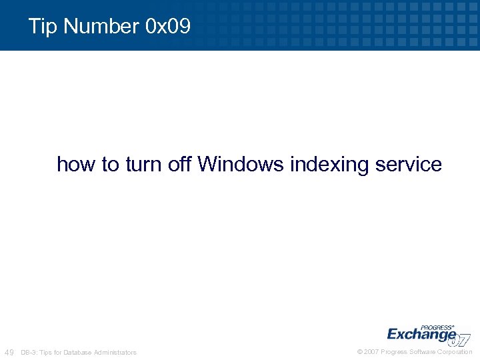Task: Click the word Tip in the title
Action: point(43,27)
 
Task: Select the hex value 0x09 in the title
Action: point(167,27)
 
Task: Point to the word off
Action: point(179,164)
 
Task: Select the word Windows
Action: point(241,164)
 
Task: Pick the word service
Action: point(407,164)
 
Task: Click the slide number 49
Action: point(9,352)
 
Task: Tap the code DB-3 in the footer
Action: point(29,352)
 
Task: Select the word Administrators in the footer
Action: point(115,352)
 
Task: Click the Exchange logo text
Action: point(421,334)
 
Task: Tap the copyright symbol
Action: point(360,352)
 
